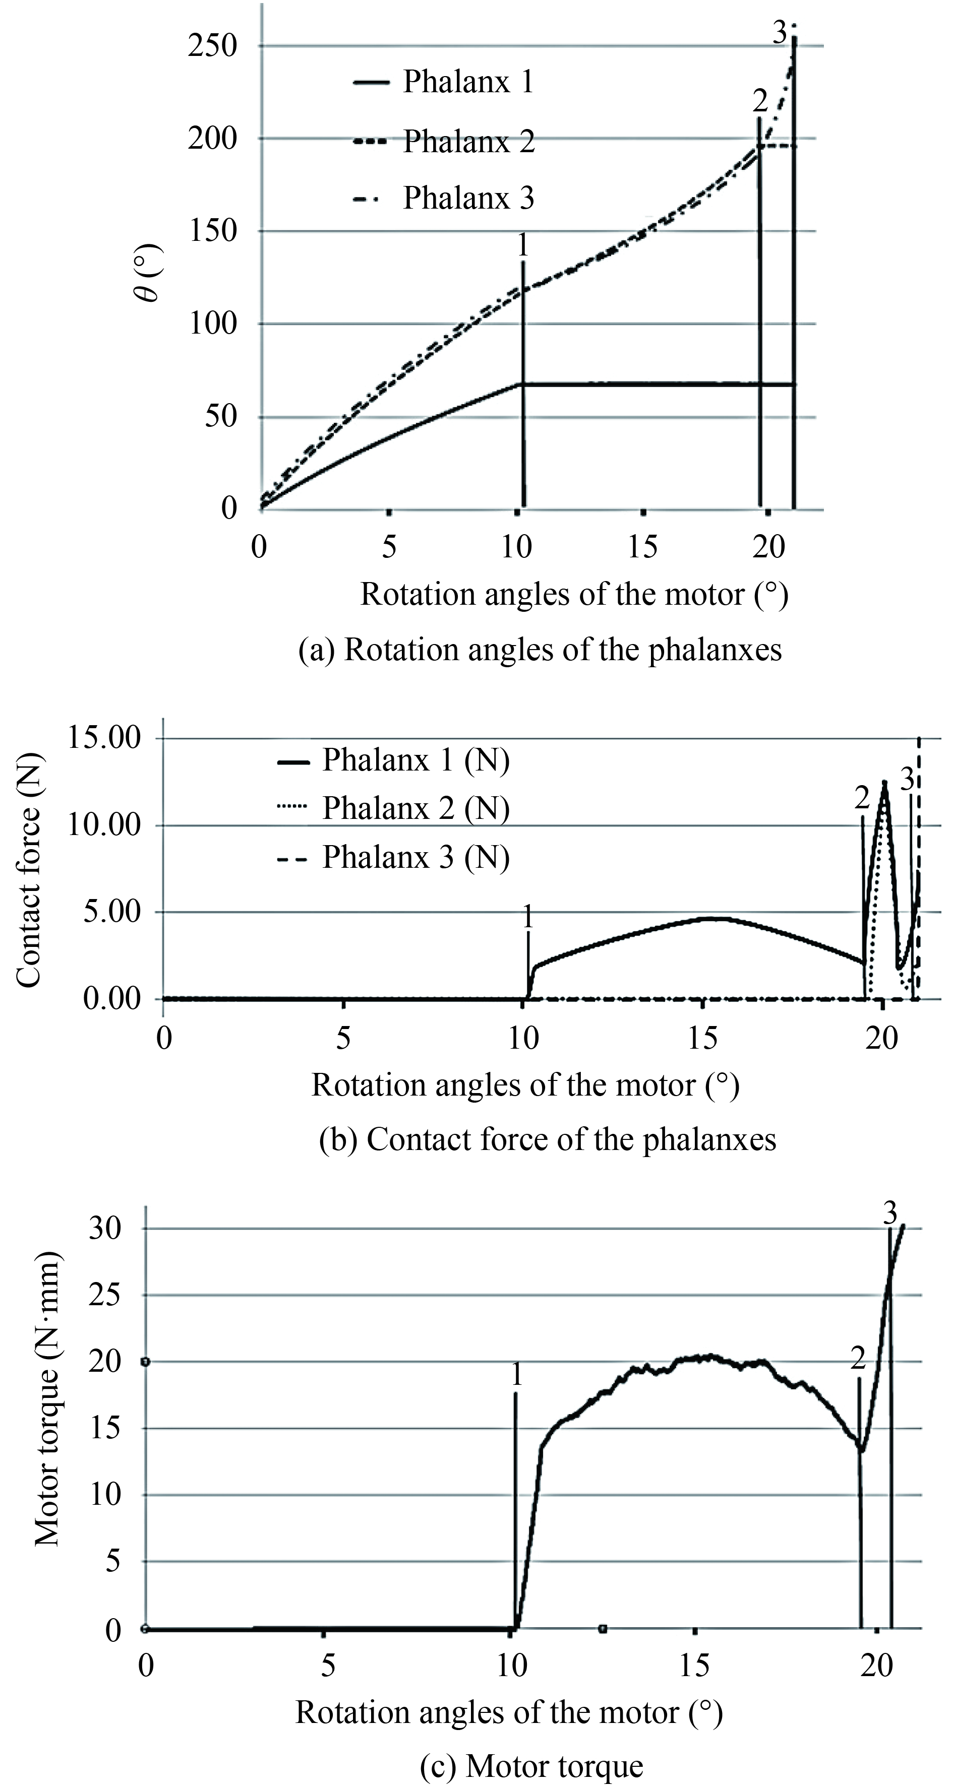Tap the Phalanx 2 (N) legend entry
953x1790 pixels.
coord(415,808)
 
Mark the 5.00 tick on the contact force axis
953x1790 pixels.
coord(112,912)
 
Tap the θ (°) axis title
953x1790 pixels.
coord(148,275)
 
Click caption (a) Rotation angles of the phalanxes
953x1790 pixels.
coord(540,650)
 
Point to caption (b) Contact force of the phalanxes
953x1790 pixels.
coord(547,1139)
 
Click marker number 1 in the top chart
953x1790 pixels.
coord(523,245)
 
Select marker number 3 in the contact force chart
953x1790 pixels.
coord(907,780)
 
